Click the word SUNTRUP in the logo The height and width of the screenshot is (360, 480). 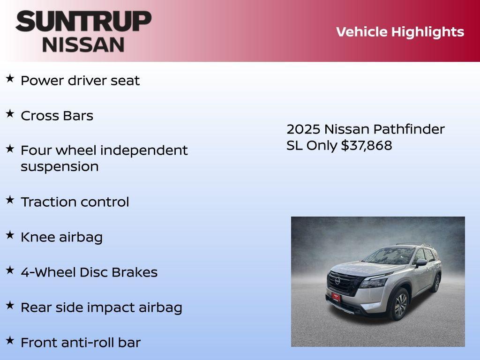83,21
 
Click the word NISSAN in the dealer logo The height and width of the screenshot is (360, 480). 83,44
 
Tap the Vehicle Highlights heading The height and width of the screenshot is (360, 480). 400,32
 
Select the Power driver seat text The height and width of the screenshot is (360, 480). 80,81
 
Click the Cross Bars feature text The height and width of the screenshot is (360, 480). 57,116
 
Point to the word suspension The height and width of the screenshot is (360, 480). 60,167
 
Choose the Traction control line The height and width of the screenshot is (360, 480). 75,202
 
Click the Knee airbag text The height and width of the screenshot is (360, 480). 61,237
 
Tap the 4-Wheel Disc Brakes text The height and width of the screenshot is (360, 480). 89,272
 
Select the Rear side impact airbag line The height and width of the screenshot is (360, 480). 101,307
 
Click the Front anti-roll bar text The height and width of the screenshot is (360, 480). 81,343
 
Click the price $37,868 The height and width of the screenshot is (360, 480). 367,145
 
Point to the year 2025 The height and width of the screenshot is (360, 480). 303,129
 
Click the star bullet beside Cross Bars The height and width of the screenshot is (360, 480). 10,114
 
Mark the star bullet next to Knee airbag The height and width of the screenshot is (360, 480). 10,235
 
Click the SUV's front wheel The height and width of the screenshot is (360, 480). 400,305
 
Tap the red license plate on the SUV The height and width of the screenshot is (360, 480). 336,295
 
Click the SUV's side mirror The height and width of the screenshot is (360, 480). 420,262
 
